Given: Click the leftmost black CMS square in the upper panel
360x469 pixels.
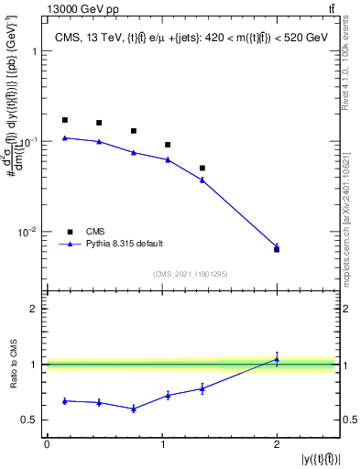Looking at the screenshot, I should click(x=64, y=120).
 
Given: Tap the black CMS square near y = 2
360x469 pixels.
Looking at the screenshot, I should click(x=277, y=249).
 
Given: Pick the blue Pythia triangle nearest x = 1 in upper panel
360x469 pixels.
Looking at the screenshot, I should click(x=168, y=159).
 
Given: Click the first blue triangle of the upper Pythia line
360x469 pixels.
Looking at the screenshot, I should click(x=64, y=137).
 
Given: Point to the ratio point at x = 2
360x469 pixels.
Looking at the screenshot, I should click(x=277, y=359).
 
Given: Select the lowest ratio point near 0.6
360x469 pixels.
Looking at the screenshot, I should click(x=134, y=409).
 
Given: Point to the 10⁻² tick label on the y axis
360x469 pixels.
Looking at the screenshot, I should click(x=27, y=232).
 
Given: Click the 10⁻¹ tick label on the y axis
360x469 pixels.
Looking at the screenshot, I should click(x=27, y=142).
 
